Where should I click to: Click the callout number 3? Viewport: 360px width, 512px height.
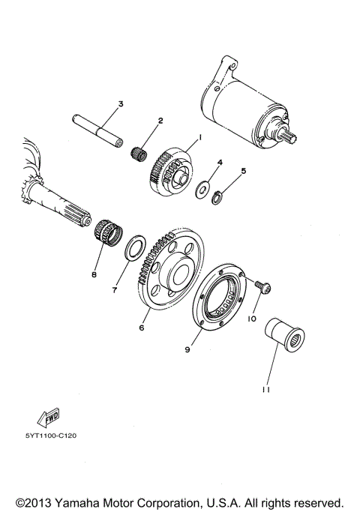point(120,103)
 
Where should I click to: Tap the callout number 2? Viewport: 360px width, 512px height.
point(160,120)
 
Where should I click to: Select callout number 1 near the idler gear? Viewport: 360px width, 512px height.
point(200,138)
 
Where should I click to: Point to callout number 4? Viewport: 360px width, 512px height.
point(220,162)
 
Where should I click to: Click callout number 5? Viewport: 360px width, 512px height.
point(242,171)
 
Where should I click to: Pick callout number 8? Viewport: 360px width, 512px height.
point(94,275)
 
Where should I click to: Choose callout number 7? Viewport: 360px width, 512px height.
point(115,289)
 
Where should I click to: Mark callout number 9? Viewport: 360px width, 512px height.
point(187,349)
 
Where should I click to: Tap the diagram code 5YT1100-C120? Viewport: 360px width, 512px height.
point(52,435)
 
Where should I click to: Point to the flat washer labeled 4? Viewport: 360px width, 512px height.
point(203,190)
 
